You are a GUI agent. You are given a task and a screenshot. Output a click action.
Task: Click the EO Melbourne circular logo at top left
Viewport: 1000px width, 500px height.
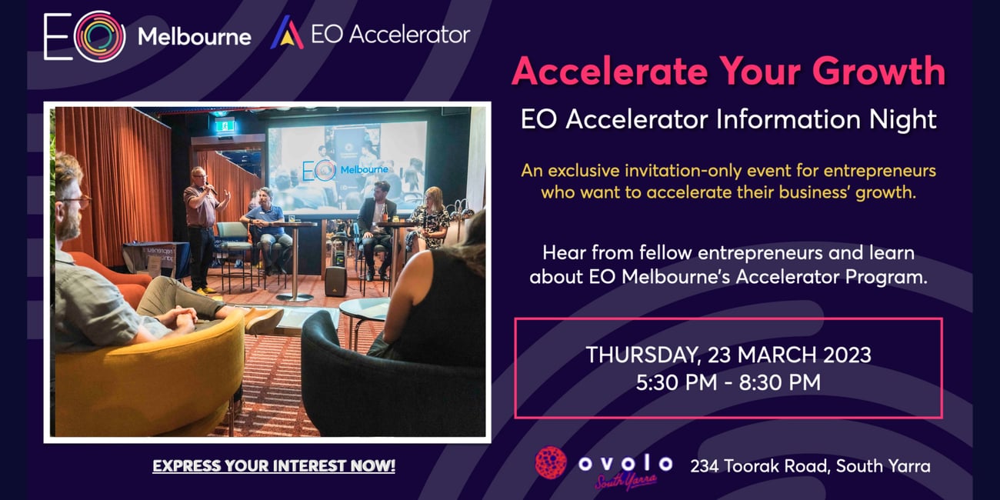click(99, 36)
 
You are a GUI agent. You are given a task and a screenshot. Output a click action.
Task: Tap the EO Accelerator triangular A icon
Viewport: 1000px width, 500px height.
click(287, 32)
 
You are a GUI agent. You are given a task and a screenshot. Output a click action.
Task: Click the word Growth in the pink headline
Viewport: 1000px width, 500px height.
click(878, 72)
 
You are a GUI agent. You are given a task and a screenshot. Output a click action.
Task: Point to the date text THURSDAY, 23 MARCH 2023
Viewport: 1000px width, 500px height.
click(728, 355)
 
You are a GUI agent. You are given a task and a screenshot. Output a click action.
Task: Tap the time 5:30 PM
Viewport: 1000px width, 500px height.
click(676, 382)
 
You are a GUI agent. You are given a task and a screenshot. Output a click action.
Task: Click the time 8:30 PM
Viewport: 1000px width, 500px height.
click(780, 382)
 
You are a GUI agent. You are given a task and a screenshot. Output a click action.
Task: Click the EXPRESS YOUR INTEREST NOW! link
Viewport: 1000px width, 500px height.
click(274, 466)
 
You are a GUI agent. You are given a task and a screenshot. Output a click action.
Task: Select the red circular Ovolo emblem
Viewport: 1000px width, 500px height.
click(551, 463)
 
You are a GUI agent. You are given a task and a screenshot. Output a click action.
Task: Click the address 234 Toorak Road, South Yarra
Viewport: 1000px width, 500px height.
click(810, 466)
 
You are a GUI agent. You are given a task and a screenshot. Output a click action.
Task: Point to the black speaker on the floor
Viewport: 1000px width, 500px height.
click(335, 282)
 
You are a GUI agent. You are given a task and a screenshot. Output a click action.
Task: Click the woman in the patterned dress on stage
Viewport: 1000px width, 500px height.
click(429, 218)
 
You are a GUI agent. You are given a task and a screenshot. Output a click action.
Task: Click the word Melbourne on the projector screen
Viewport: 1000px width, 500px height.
click(365, 170)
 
